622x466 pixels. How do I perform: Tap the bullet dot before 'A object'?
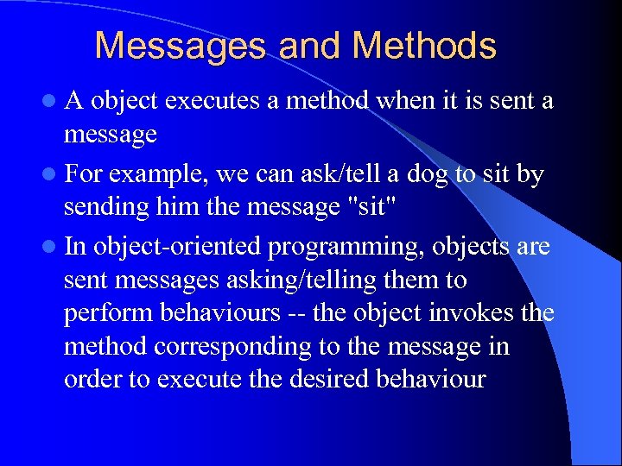point(54,102)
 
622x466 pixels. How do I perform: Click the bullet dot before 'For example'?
point(54,175)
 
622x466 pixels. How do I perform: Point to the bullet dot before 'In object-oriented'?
point(54,248)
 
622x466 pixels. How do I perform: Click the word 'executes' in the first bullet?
point(213,102)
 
